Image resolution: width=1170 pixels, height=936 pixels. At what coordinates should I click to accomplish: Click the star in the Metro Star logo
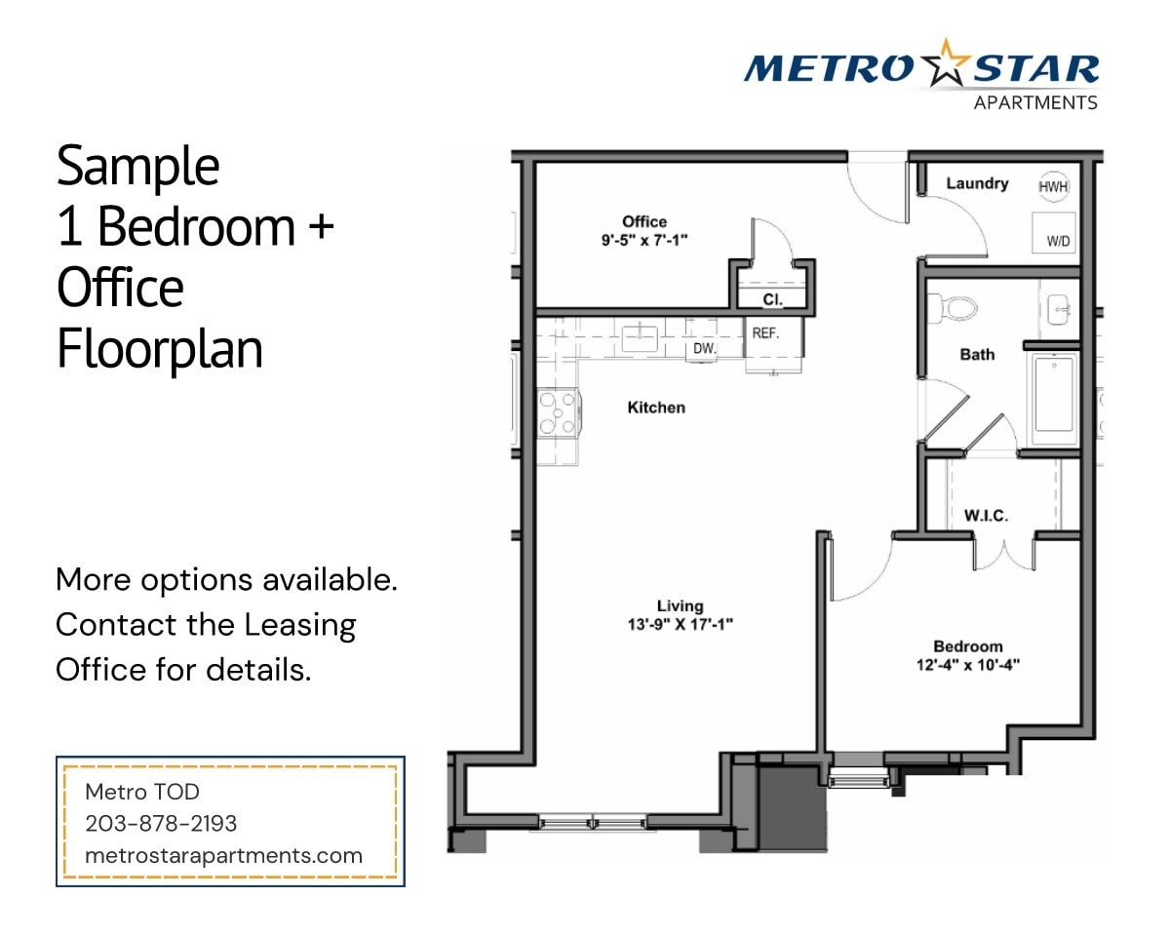pyautogui.click(x=939, y=64)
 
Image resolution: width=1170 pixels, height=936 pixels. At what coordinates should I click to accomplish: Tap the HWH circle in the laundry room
pyautogui.click(x=1053, y=186)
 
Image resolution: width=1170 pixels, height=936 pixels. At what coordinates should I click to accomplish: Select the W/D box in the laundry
pyautogui.click(x=1054, y=233)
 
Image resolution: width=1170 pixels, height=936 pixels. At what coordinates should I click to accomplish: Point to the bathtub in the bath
pyautogui.click(x=1054, y=395)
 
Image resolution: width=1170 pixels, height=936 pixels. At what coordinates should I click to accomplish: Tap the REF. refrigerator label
pyautogui.click(x=765, y=332)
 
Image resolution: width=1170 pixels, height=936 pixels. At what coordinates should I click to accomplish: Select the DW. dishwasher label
pyautogui.click(x=704, y=348)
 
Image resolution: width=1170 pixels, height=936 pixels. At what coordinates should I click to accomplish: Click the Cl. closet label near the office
pyautogui.click(x=771, y=300)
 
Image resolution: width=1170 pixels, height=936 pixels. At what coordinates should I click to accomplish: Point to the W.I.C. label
pyautogui.click(x=986, y=515)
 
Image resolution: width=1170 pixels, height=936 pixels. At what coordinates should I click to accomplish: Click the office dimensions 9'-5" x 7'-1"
pyautogui.click(x=644, y=239)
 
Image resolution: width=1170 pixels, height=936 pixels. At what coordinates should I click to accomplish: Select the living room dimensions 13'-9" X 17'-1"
pyautogui.click(x=680, y=624)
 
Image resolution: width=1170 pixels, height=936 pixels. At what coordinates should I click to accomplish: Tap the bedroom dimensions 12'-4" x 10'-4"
pyautogui.click(x=967, y=665)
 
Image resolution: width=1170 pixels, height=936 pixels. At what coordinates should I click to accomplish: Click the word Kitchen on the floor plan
pyautogui.click(x=655, y=408)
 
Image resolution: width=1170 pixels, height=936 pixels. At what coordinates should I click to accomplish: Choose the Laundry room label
pyautogui.click(x=976, y=183)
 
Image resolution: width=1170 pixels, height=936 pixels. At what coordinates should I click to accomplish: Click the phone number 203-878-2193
pyautogui.click(x=161, y=823)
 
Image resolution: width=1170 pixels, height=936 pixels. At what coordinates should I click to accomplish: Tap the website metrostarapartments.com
pyautogui.click(x=223, y=856)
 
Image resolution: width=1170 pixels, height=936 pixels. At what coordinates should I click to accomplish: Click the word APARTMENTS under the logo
pyautogui.click(x=1035, y=102)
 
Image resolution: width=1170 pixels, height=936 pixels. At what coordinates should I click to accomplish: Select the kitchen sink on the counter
pyautogui.click(x=640, y=338)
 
